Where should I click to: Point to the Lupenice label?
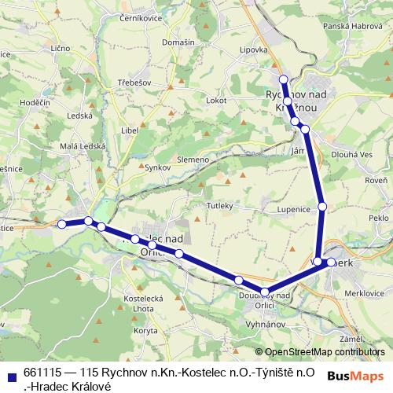(x=294, y=211)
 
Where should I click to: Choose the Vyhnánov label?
(x=263, y=324)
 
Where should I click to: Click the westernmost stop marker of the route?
(x=62, y=224)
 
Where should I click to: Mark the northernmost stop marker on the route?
(x=284, y=79)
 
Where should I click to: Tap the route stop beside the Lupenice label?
(x=321, y=207)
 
